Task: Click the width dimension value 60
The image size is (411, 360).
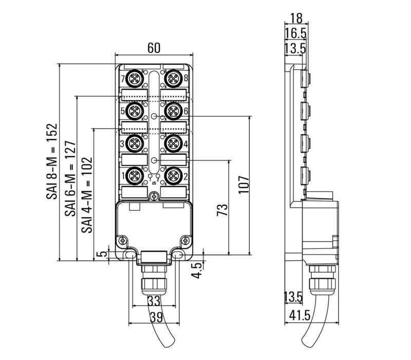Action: click(x=154, y=48)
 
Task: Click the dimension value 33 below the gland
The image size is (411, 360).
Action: click(x=153, y=300)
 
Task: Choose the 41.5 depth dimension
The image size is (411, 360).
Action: click(x=294, y=315)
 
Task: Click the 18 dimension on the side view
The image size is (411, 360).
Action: click(x=296, y=18)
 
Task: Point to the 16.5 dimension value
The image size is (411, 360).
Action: click(x=295, y=33)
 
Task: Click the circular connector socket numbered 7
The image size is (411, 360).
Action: click(x=135, y=79)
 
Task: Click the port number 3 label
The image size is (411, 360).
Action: click(x=122, y=143)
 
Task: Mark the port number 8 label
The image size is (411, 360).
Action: click(x=185, y=79)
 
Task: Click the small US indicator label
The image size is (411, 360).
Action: click(x=154, y=183)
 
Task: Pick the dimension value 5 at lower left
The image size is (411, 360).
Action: click(x=104, y=254)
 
